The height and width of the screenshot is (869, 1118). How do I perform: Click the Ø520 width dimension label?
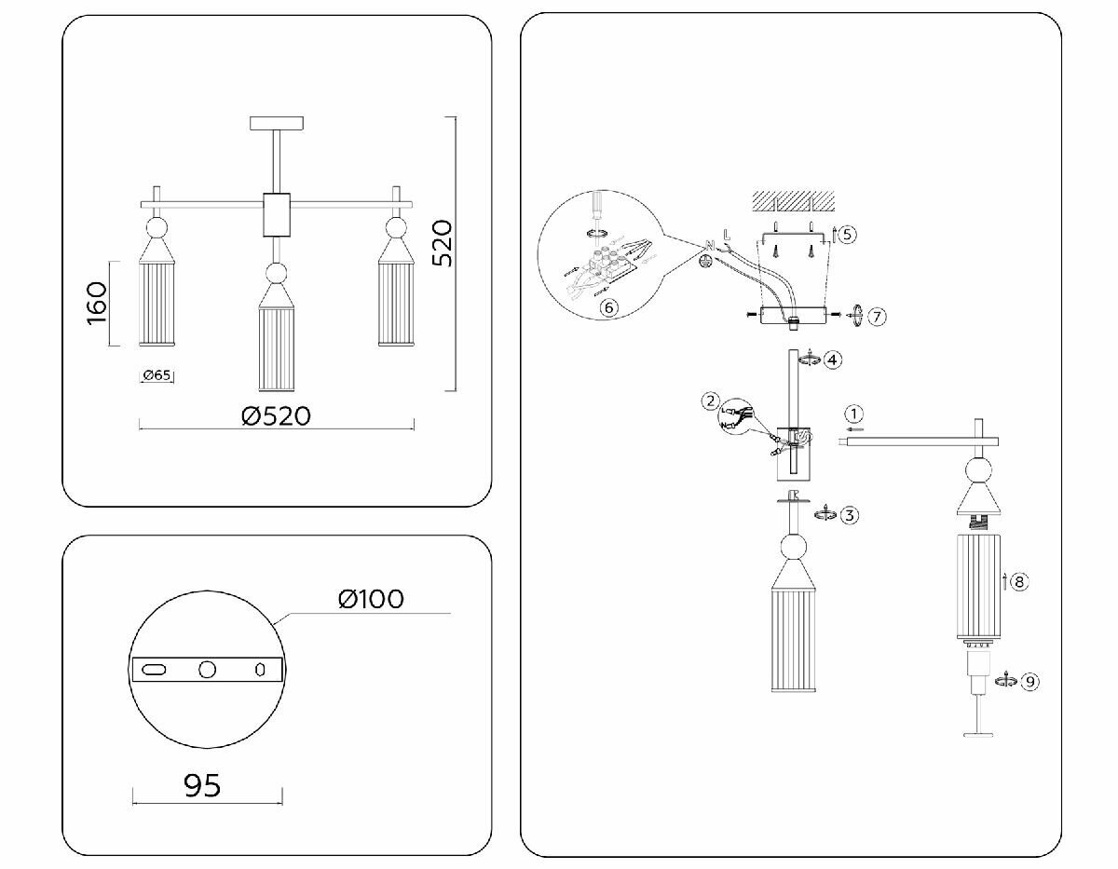click(x=275, y=415)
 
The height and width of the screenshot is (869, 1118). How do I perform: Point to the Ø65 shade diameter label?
click(x=157, y=376)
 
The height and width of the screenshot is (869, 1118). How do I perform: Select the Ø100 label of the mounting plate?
click(x=371, y=598)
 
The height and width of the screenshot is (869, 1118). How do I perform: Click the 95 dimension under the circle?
click(x=202, y=785)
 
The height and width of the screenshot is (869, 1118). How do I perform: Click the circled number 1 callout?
click(x=855, y=414)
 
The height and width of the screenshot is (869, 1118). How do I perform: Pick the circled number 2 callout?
click(x=712, y=401)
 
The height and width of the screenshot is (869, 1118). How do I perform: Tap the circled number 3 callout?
click(x=848, y=515)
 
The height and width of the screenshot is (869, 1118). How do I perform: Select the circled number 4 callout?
click(x=832, y=359)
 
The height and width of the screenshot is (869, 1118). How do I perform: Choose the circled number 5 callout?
click(x=846, y=235)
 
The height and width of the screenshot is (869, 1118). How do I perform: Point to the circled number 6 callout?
click(x=608, y=307)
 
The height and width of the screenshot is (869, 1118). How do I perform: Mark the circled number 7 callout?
click(x=876, y=317)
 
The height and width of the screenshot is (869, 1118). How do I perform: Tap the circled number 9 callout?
click(x=1029, y=682)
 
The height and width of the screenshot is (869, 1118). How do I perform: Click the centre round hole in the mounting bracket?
click(x=207, y=670)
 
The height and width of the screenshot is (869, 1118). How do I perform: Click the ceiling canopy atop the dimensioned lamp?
click(x=278, y=123)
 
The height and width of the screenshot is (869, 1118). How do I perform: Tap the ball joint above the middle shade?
click(x=277, y=274)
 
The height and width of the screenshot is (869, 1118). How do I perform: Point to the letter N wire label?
click(x=711, y=244)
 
